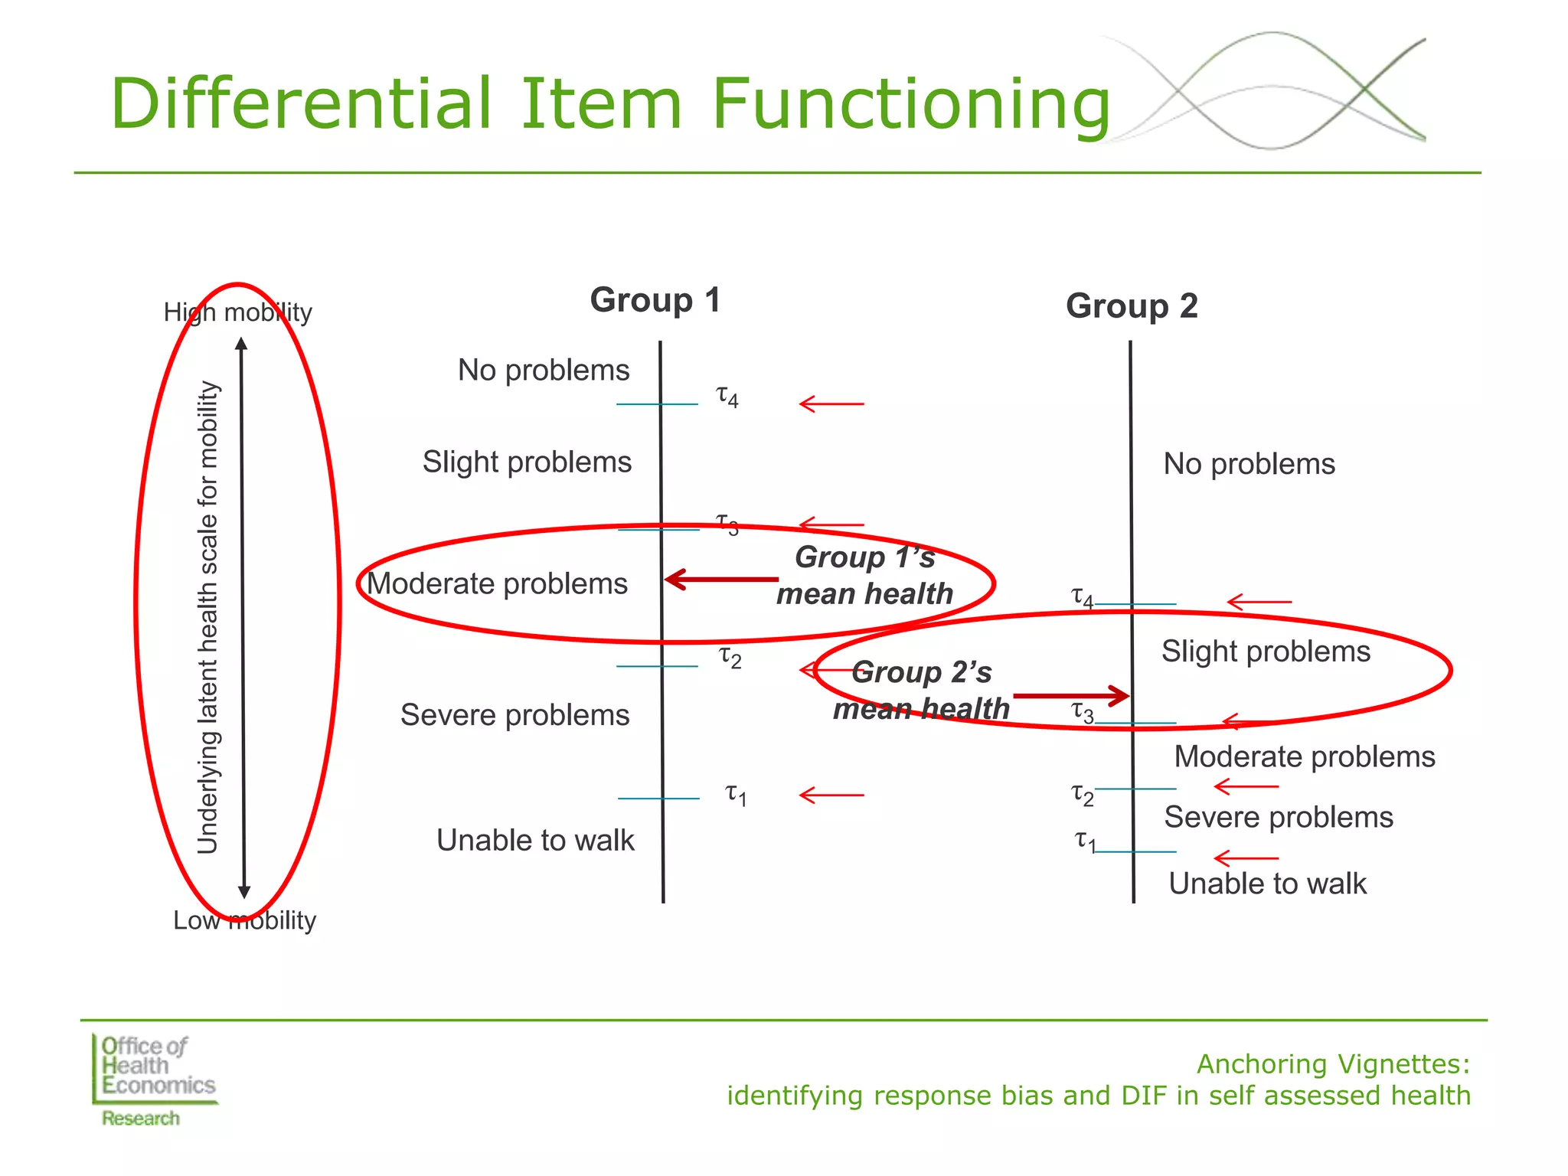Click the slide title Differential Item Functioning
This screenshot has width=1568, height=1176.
coord(609,104)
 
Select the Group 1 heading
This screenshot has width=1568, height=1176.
coord(655,300)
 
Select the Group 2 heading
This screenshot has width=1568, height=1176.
coord(1132,306)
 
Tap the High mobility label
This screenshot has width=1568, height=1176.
coord(237,312)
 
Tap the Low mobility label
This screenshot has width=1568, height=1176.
coord(244,920)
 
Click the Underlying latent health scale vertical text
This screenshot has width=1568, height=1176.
coord(208,617)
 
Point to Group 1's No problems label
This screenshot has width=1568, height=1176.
coord(544,371)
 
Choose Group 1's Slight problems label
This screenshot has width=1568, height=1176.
coord(527,462)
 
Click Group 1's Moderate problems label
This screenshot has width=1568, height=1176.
coord(497,584)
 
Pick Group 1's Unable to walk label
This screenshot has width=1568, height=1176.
coord(535,841)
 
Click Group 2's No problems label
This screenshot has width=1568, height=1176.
coord(1249,464)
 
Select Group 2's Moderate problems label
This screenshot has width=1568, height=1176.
coord(1305,757)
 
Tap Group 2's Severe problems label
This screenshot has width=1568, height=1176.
coord(1279,818)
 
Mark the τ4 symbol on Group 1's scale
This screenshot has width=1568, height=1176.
coord(727,397)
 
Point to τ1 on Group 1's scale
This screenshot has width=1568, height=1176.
coord(736,795)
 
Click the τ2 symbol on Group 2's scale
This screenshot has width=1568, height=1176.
coord(1082,795)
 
